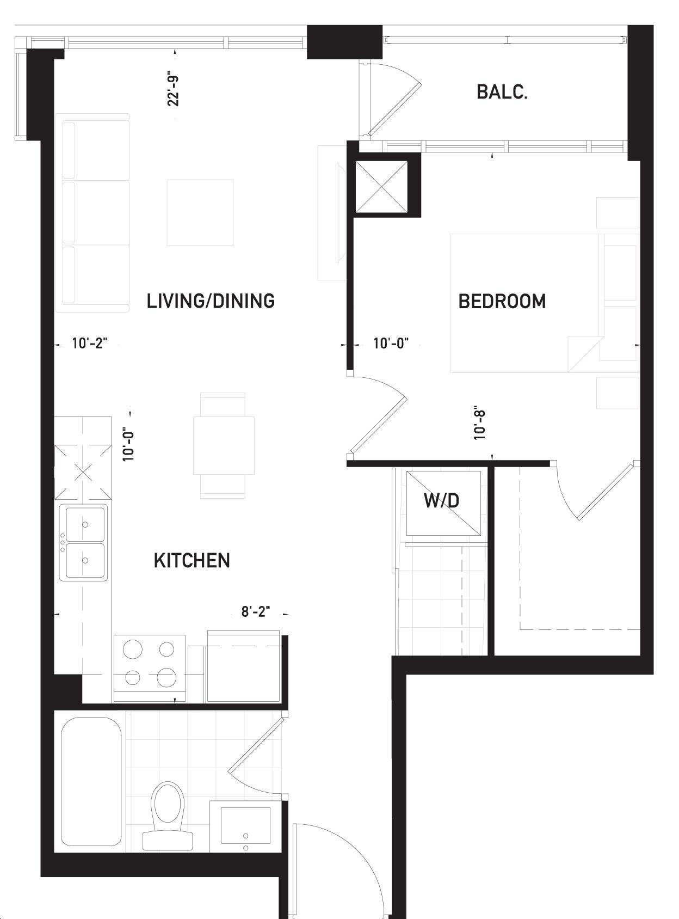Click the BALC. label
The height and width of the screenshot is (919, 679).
502,92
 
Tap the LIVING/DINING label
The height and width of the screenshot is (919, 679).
211,301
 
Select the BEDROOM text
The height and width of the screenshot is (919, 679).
502,301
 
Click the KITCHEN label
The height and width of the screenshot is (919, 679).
192,561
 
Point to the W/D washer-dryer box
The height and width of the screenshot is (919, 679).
443,503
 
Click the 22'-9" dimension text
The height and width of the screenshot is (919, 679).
174,91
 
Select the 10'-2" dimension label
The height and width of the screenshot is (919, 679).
90,344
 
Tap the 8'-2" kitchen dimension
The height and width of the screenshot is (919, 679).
256,611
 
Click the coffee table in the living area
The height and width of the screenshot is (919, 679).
200,212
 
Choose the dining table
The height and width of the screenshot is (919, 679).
224,445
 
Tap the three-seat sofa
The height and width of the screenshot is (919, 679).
92,213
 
